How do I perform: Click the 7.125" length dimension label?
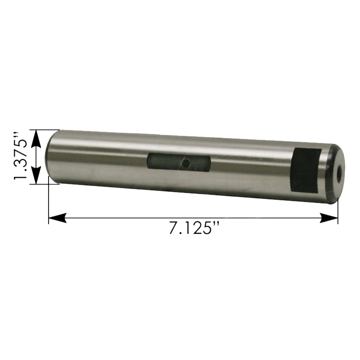[194, 228]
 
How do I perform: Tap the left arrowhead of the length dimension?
[58, 218]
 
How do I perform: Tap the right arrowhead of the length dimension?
[329, 218]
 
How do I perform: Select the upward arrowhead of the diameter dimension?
[36, 139]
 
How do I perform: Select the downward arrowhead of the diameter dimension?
[36, 175]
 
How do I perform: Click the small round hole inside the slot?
[186, 163]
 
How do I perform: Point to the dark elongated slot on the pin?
[179, 162]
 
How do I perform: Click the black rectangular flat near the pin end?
[306, 171]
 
